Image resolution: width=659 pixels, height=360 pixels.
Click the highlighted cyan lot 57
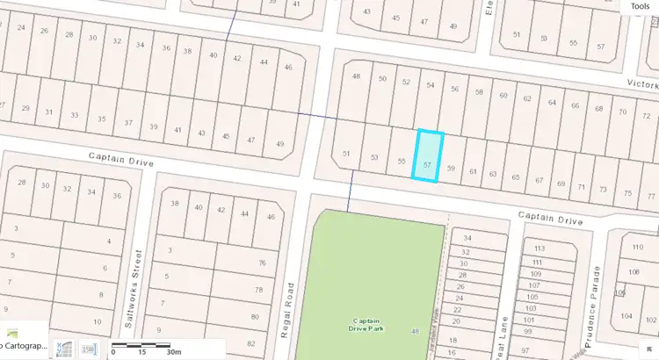pyautogui.click(x=428, y=156)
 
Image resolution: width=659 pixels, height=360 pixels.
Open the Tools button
pyautogui.click(x=639, y=6)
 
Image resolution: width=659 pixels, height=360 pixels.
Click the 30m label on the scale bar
pyautogui.click(x=173, y=351)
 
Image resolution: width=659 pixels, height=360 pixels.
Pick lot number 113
pyautogui.click(x=540, y=248)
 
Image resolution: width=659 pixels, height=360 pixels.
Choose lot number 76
pyautogui.click(x=258, y=263)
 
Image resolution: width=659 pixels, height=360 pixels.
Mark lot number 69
pyautogui.click(x=561, y=183)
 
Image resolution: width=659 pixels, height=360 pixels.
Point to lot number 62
pyautogui.click(x=526, y=97)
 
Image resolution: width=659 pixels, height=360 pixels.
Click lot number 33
pyautogui.click(x=76, y=115)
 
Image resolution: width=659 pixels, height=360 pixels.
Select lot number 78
pyautogui.click(x=257, y=290)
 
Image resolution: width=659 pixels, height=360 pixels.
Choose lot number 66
pyautogui.click(x=575, y=106)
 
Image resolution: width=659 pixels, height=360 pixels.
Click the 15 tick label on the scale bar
pyautogui.click(x=141, y=351)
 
